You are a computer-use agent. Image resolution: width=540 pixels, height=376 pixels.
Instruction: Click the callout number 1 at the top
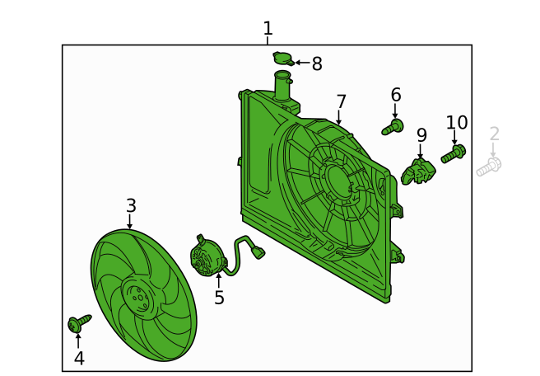(x=268, y=28)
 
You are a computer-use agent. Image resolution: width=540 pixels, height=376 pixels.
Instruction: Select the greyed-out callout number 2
(x=494, y=134)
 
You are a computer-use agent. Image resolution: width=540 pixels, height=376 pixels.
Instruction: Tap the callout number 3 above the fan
(x=131, y=205)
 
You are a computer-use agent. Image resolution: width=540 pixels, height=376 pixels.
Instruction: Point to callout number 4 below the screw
(x=79, y=358)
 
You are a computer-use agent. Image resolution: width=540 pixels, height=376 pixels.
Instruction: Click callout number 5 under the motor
(x=219, y=298)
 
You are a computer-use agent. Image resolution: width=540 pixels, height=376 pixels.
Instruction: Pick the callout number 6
(x=396, y=95)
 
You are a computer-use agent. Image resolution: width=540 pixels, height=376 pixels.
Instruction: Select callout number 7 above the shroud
(x=341, y=101)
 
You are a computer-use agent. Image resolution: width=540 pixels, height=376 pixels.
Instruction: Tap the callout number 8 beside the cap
(x=317, y=63)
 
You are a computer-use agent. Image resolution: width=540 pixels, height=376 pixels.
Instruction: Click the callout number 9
(x=421, y=135)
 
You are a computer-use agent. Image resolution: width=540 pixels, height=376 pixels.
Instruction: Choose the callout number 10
(x=457, y=123)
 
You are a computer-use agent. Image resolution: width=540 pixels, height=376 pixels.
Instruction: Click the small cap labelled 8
(x=283, y=59)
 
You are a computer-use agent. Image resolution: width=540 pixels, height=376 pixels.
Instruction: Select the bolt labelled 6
(x=393, y=127)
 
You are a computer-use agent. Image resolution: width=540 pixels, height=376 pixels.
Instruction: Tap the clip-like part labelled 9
(x=418, y=172)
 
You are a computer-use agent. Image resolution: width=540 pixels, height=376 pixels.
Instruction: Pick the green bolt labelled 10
(x=454, y=154)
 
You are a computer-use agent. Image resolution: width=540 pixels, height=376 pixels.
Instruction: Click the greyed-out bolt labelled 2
(x=489, y=167)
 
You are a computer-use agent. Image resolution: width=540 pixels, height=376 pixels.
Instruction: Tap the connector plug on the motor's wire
(x=258, y=252)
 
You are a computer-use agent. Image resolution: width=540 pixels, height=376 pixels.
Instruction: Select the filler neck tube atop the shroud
(x=282, y=86)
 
